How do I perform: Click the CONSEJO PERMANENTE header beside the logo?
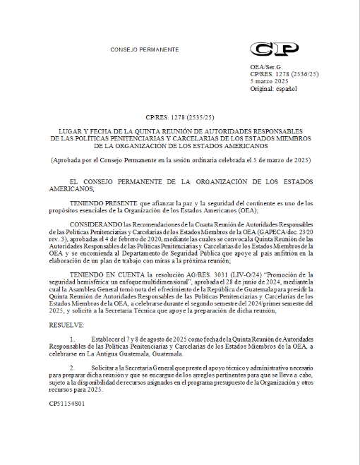click(x=145, y=49)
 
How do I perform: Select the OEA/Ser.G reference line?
click(x=265, y=66)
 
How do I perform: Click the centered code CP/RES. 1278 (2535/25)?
click(x=180, y=116)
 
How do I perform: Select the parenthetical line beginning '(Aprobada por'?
click(x=180, y=161)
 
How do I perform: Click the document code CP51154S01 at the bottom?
click(x=67, y=404)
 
